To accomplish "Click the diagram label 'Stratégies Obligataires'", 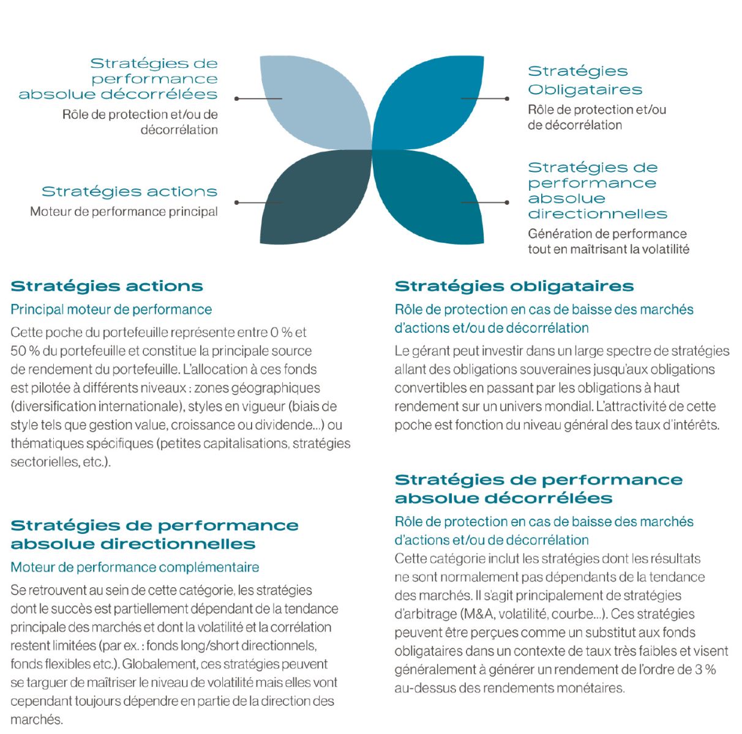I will [x=585, y=81].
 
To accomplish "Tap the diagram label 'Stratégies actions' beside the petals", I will [x=129, y=191].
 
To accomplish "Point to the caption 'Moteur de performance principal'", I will [x=124, y=212].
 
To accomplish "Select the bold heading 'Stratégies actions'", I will [x=107, y=286].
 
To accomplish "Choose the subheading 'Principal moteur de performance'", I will [x=111, y=310].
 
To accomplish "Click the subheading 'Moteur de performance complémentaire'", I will [x=135, y=567].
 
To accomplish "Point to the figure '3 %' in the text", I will [x=705, y=669].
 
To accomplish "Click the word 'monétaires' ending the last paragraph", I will [x=593, y=688].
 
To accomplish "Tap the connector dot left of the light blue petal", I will [x=237, y=98].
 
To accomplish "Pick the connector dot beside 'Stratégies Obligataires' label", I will [x=507, y=98].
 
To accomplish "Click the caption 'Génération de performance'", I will [x=607, y=234].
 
